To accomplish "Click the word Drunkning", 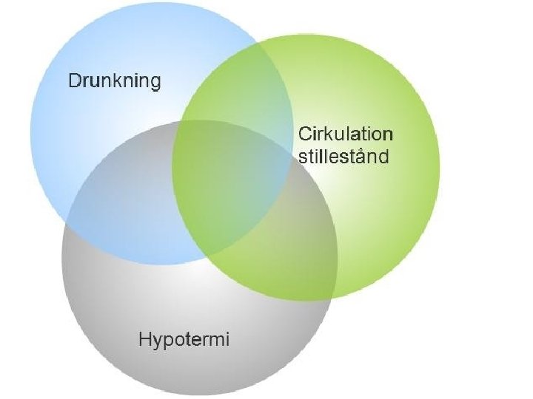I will tap(114, 81).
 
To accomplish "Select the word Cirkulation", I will tap(345, 134).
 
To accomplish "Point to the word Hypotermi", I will tap(184, 340).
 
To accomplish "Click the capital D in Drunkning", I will tap(74, 81).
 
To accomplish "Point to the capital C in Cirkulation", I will tap(304, 134).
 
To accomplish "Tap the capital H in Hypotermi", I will tap(145, 340).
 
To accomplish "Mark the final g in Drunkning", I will tap(155, 83).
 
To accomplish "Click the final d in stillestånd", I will tap(388, 156).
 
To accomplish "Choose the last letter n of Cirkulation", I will tap(389, 135).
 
